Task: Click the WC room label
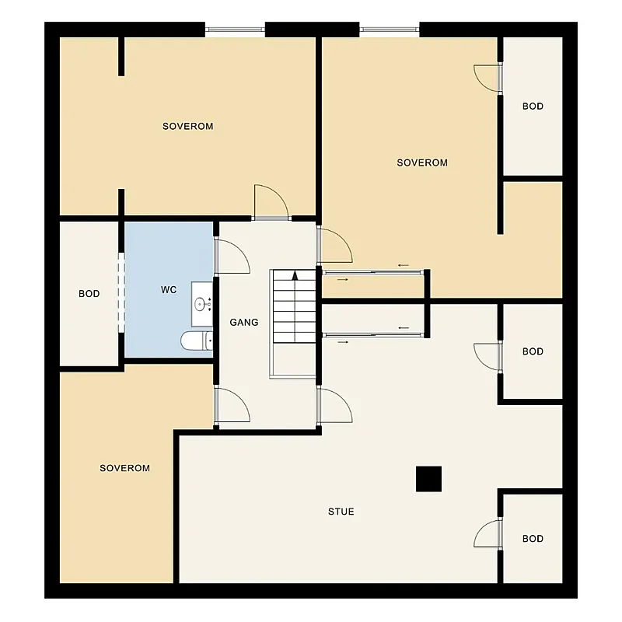[169, 290]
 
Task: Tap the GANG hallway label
[244, 323]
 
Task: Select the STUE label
[341, 512]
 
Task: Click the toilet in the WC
[197, 341]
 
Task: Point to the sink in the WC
[202, 304]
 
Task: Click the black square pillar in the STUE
[429, 479]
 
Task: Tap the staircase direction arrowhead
[295, 276]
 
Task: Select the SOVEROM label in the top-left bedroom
[188, 126]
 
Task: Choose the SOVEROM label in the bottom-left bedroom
[125, 468]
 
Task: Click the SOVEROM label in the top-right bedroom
[422, 162]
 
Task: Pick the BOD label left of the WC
[89, 294]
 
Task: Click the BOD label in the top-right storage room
[533, 107]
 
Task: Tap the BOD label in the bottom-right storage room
[533, 539]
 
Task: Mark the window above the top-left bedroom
[236, 29]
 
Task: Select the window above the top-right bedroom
[390, 29]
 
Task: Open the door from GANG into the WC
[232, 257]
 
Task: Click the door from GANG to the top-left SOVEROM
[271, 202]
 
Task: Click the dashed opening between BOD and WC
[121, 292]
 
